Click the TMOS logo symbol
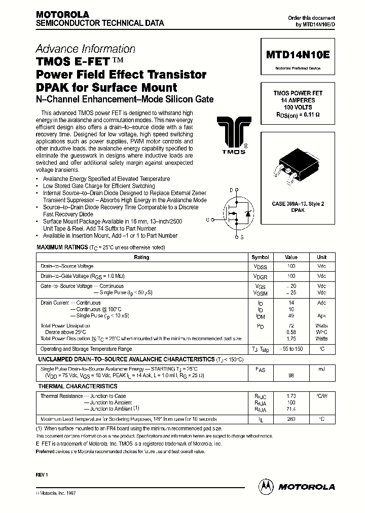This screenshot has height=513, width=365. tap(231, 132)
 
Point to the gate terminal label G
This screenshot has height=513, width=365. tap(207, 219)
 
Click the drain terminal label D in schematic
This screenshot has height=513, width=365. tap(231, 190)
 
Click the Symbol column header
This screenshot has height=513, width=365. tap(261, 257)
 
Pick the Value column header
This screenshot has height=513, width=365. tap(291, 257)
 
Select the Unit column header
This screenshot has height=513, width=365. tap(322, 257)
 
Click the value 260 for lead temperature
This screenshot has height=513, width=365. tap(291, 419)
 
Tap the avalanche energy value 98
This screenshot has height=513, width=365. tap(291, 376)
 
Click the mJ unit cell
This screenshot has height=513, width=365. tap(322, 370)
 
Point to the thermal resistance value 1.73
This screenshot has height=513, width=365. tap(291, 396)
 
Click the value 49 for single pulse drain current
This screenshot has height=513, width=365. tap(291, 315)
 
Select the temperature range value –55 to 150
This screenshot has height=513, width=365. tap(291, 349)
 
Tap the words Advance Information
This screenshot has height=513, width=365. tap(85, 49)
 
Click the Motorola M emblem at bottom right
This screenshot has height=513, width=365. tap(266, 486)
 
